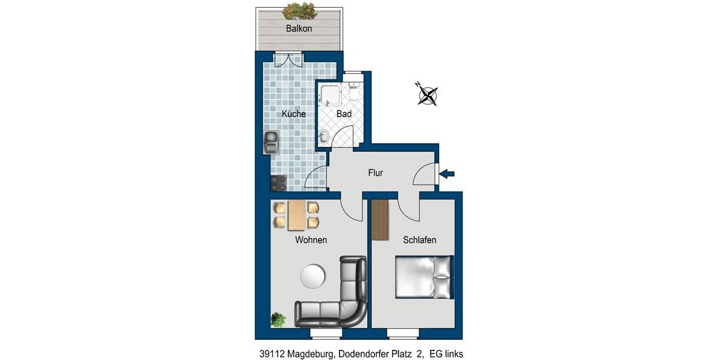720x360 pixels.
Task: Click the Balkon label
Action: coord(299,28)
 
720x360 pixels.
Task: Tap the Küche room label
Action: coord(294,113)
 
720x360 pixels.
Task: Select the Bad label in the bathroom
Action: coord(344,113)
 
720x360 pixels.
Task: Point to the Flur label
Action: coord(376,173)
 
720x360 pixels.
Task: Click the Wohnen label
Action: coord(311,240)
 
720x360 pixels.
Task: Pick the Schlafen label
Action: coord(419,240)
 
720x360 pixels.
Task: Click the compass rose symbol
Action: coord(427,94)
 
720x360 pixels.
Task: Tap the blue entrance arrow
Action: coord(448,174)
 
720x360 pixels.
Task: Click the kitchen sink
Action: coord(271,142)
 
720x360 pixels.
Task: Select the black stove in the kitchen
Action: coord(278,182)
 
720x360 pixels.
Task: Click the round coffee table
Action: coord(313,277)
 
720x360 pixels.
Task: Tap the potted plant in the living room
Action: coord(278,319)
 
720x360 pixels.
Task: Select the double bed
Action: coord(424,277)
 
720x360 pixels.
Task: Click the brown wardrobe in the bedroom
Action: coord(380,220)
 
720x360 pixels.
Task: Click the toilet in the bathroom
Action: coord(354,93)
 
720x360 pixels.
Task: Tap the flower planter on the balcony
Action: coord(299,10)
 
